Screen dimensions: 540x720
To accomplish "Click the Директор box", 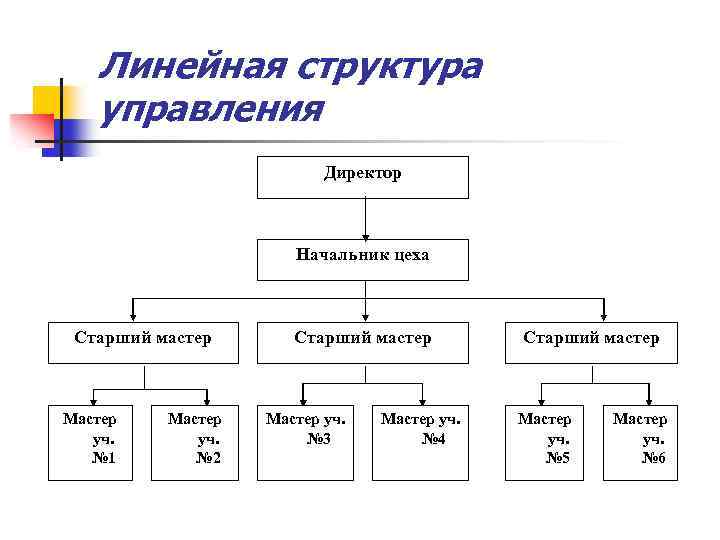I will pos(363,177).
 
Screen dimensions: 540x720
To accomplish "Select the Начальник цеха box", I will pos(363,259).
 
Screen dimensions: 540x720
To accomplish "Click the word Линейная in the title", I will pos(189,67).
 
